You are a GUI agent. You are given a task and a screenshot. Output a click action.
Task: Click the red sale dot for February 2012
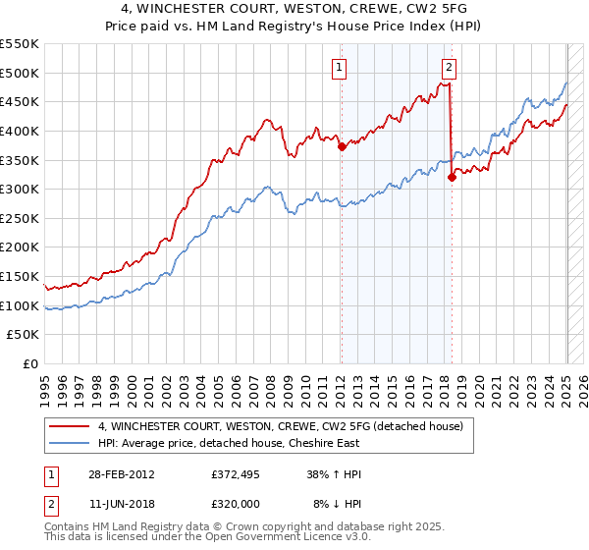tap(342, 147)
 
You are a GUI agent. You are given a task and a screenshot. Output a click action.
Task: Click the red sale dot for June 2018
tap(452, 178)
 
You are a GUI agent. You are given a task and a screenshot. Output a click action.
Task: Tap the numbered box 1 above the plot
tap(339, 68)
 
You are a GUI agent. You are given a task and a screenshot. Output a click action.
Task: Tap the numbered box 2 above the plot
tap(449, 68)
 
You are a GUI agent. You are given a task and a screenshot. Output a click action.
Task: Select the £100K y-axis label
tap(21, 305)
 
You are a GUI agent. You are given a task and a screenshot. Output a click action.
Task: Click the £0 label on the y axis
tap(30, 363)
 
